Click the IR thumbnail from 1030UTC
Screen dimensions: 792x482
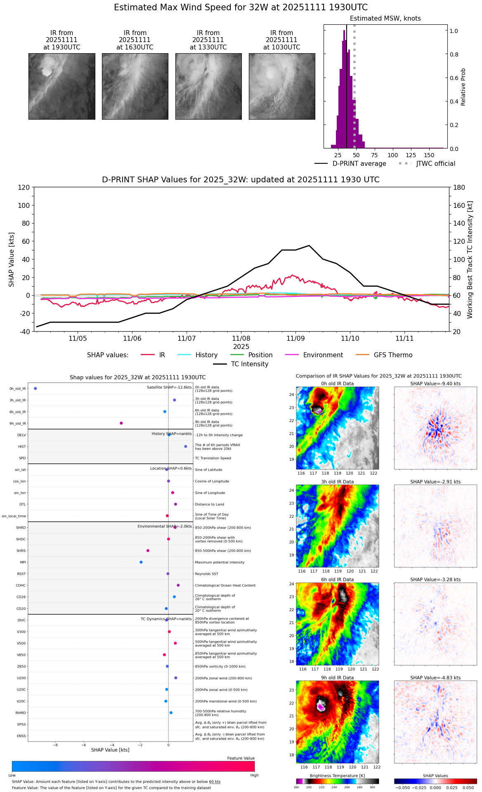point(282,86)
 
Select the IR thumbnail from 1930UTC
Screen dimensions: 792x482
point(62,86)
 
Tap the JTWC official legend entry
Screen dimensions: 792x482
point(435,164)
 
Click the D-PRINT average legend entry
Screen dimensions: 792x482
point(359,164)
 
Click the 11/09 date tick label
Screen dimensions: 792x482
point(295,339)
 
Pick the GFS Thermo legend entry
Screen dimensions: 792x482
point(393,355)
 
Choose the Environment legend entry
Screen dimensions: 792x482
point(323,355)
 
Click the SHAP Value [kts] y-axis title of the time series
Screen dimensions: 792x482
point(12,259)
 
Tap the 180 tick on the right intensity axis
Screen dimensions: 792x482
point(459,188)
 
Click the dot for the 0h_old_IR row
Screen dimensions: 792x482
point(35,389)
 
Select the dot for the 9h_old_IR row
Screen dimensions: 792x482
point(121,423)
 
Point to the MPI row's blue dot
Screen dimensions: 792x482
point(141,562)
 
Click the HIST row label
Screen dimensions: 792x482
point(22,447)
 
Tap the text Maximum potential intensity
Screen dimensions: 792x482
point(220,562)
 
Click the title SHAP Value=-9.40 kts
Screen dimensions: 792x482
point(435,384)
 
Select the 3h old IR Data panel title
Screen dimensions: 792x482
point(337,482)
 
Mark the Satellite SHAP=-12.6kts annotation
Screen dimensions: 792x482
point(169,387)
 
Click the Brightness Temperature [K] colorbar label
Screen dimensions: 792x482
point(337,776)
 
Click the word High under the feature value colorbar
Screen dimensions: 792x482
point(254,775)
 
